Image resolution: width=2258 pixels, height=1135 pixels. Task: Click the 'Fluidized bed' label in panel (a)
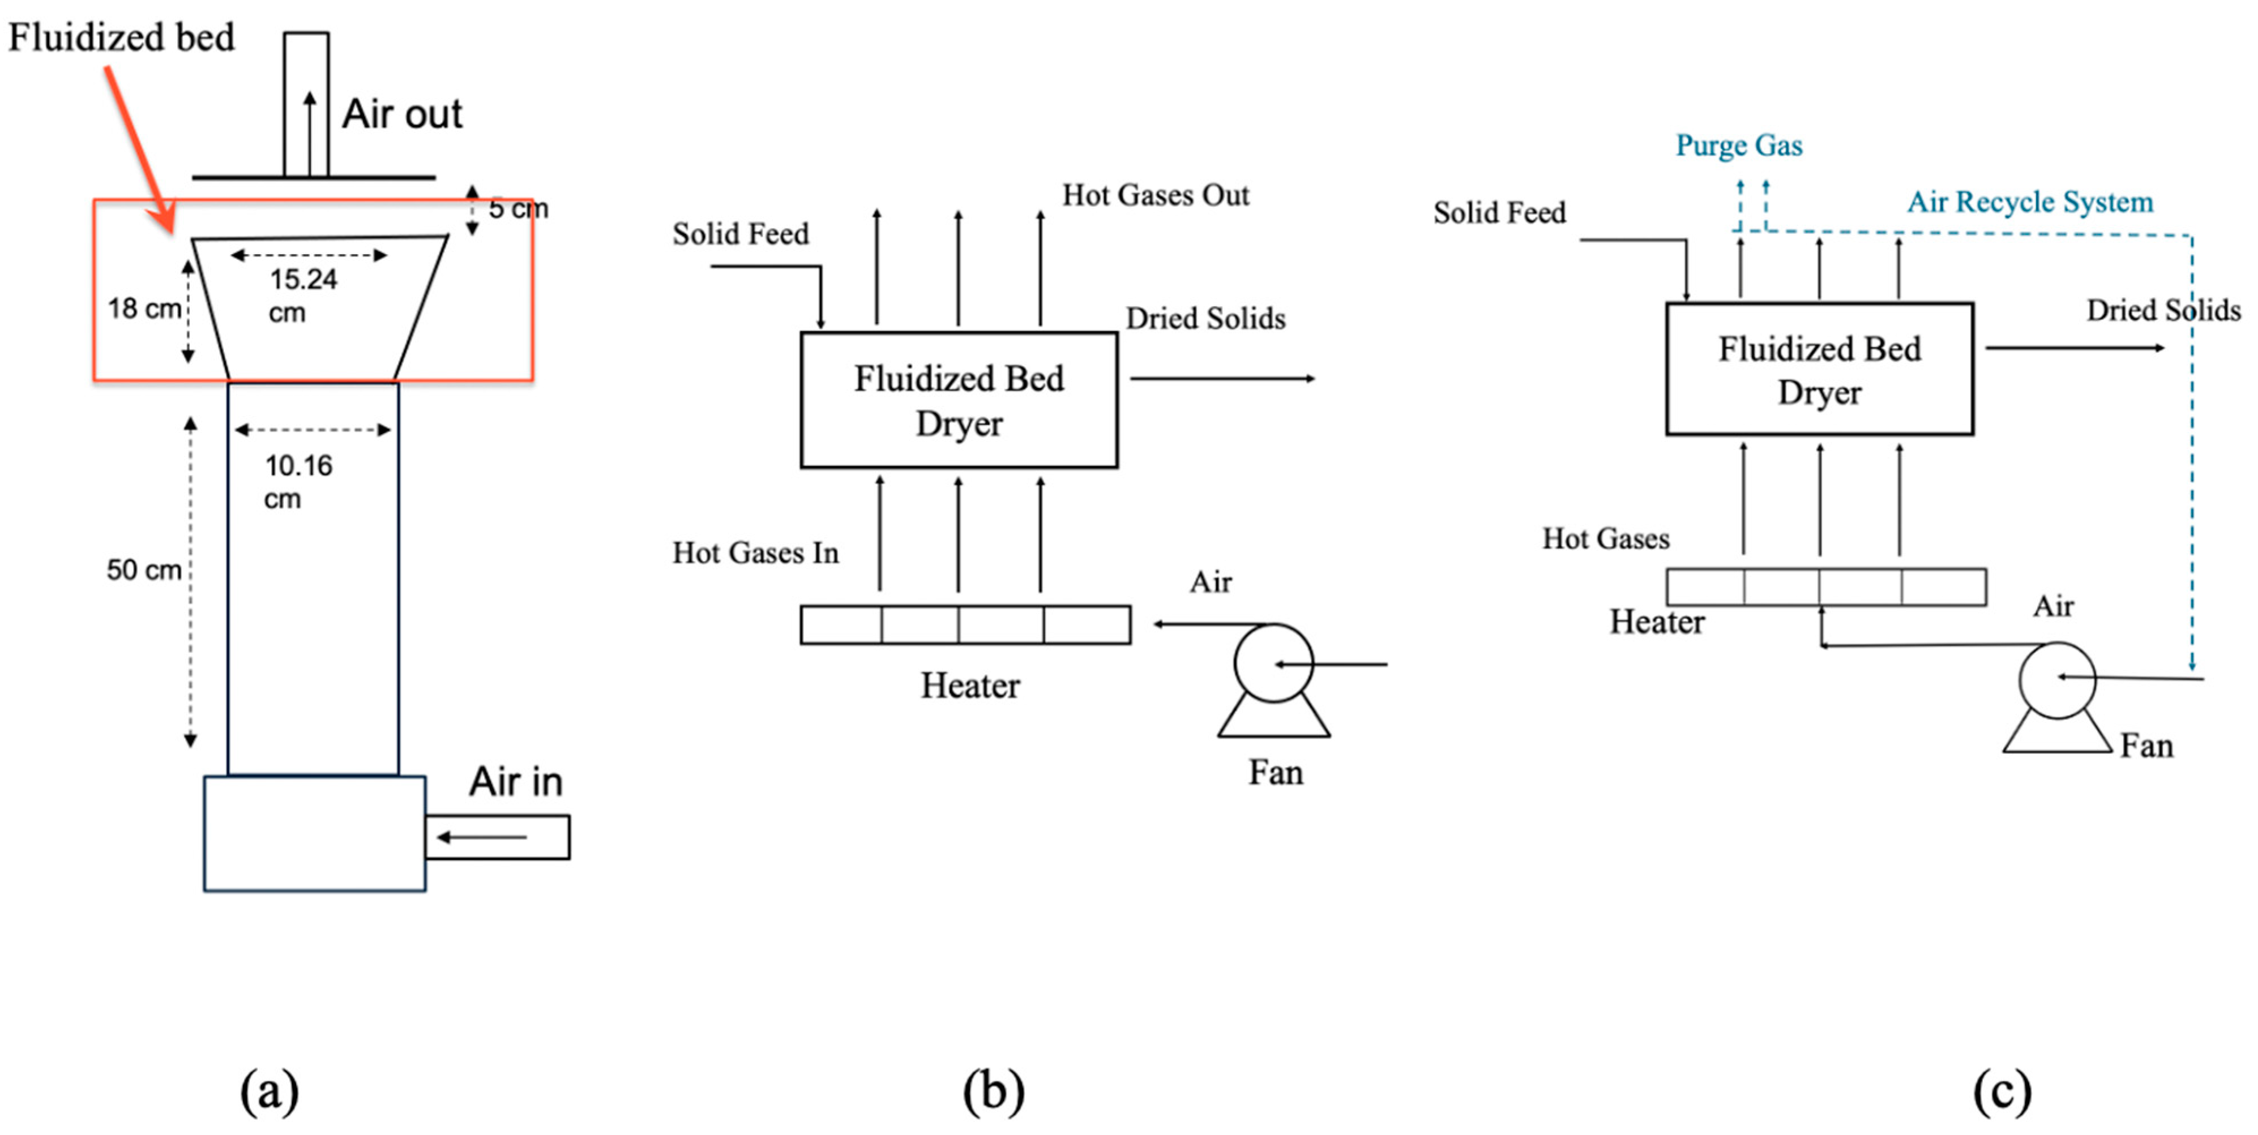point(121,38)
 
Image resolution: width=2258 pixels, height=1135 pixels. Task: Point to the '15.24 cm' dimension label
point(302,294)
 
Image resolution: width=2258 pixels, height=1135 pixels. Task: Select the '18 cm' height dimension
point(144,309)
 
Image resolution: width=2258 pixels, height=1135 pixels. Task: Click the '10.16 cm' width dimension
point(298,480)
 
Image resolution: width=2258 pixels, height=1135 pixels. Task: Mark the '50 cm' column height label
point(144,569)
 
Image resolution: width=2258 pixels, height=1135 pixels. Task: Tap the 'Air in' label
point(515,781)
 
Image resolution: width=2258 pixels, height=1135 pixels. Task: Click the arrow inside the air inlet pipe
point(481,837)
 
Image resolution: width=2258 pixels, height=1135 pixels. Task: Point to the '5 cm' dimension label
point(517,208)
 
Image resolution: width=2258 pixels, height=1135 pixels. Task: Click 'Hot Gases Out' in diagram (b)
point(1155,195)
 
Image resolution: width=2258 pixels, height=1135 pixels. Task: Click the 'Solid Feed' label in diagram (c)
point(1499,212)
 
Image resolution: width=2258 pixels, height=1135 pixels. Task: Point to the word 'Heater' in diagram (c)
point(1657,622)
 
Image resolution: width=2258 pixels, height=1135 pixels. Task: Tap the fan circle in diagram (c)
point(2056,679)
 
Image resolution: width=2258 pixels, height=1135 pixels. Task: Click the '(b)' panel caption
point(993,1091)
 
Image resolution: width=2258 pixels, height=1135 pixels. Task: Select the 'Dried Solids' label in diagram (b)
point(1205,318)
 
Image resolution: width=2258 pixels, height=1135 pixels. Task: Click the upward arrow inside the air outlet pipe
point(309,131)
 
